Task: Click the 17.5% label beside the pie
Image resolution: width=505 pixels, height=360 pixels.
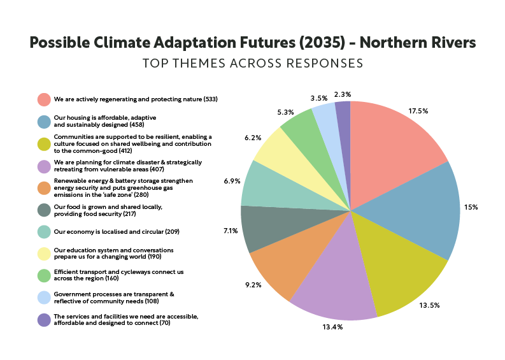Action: coord(418,112)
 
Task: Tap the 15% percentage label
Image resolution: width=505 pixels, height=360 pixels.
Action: coord(471,207)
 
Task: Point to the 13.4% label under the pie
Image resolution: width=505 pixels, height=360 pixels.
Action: coord(332,327)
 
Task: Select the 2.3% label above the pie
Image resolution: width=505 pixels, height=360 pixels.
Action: coord(343,94)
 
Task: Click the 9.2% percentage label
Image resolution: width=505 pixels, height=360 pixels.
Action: coord(253,285)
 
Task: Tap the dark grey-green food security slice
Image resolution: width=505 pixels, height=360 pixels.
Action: coord(271,226)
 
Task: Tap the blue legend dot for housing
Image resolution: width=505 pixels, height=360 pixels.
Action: coord(44,122)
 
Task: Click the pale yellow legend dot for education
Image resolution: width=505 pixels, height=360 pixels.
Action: coord(44,254)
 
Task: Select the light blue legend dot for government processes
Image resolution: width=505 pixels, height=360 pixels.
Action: coord(44,298)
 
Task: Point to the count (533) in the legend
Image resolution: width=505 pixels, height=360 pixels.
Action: coord(211,99)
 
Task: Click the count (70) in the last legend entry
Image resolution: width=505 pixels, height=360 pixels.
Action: coord(165,323)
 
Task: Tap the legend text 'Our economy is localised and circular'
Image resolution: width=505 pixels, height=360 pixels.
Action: coord(109,232)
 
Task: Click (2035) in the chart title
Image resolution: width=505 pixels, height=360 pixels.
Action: coord(322,43)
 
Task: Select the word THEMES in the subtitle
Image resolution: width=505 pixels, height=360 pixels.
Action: coord(199,63)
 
